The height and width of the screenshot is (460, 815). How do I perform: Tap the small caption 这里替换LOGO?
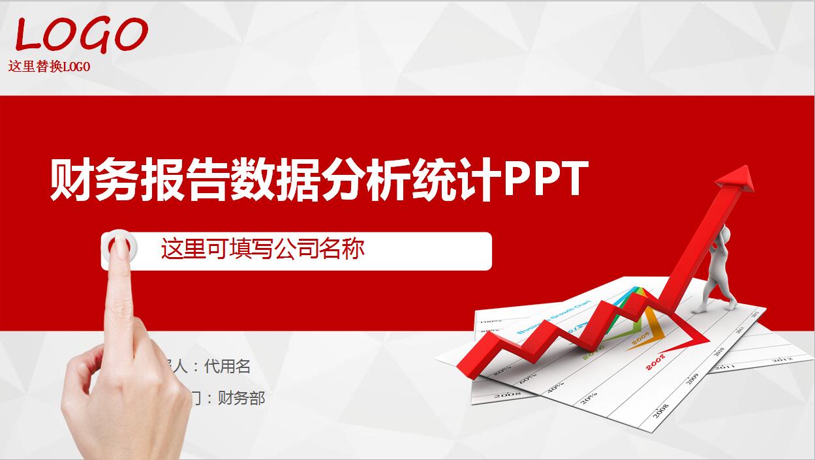(49, 67)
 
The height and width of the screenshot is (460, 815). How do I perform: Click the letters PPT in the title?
(546, 179)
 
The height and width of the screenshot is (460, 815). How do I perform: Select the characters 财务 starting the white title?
(94, 180)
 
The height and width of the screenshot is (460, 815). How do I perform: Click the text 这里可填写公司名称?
(262, 249)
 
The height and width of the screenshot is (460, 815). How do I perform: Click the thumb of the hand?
(82, 372)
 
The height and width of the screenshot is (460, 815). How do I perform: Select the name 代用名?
(227, 367)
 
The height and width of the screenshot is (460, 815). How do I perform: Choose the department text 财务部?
(241, 398)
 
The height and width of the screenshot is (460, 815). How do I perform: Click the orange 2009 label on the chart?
(639, 337)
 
